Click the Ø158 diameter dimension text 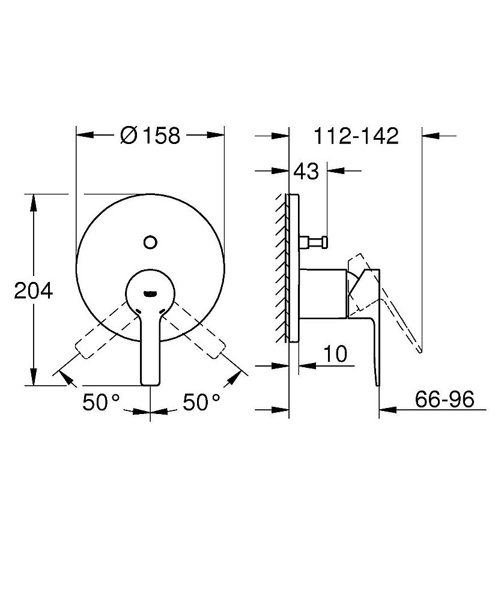(150, 136)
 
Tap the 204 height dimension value (33, 291)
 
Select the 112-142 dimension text (356, 136)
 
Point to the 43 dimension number (306, 171)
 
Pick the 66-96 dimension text (445, 399)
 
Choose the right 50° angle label (201, 402)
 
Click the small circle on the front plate (150, 242)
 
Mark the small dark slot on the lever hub (150, 294)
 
